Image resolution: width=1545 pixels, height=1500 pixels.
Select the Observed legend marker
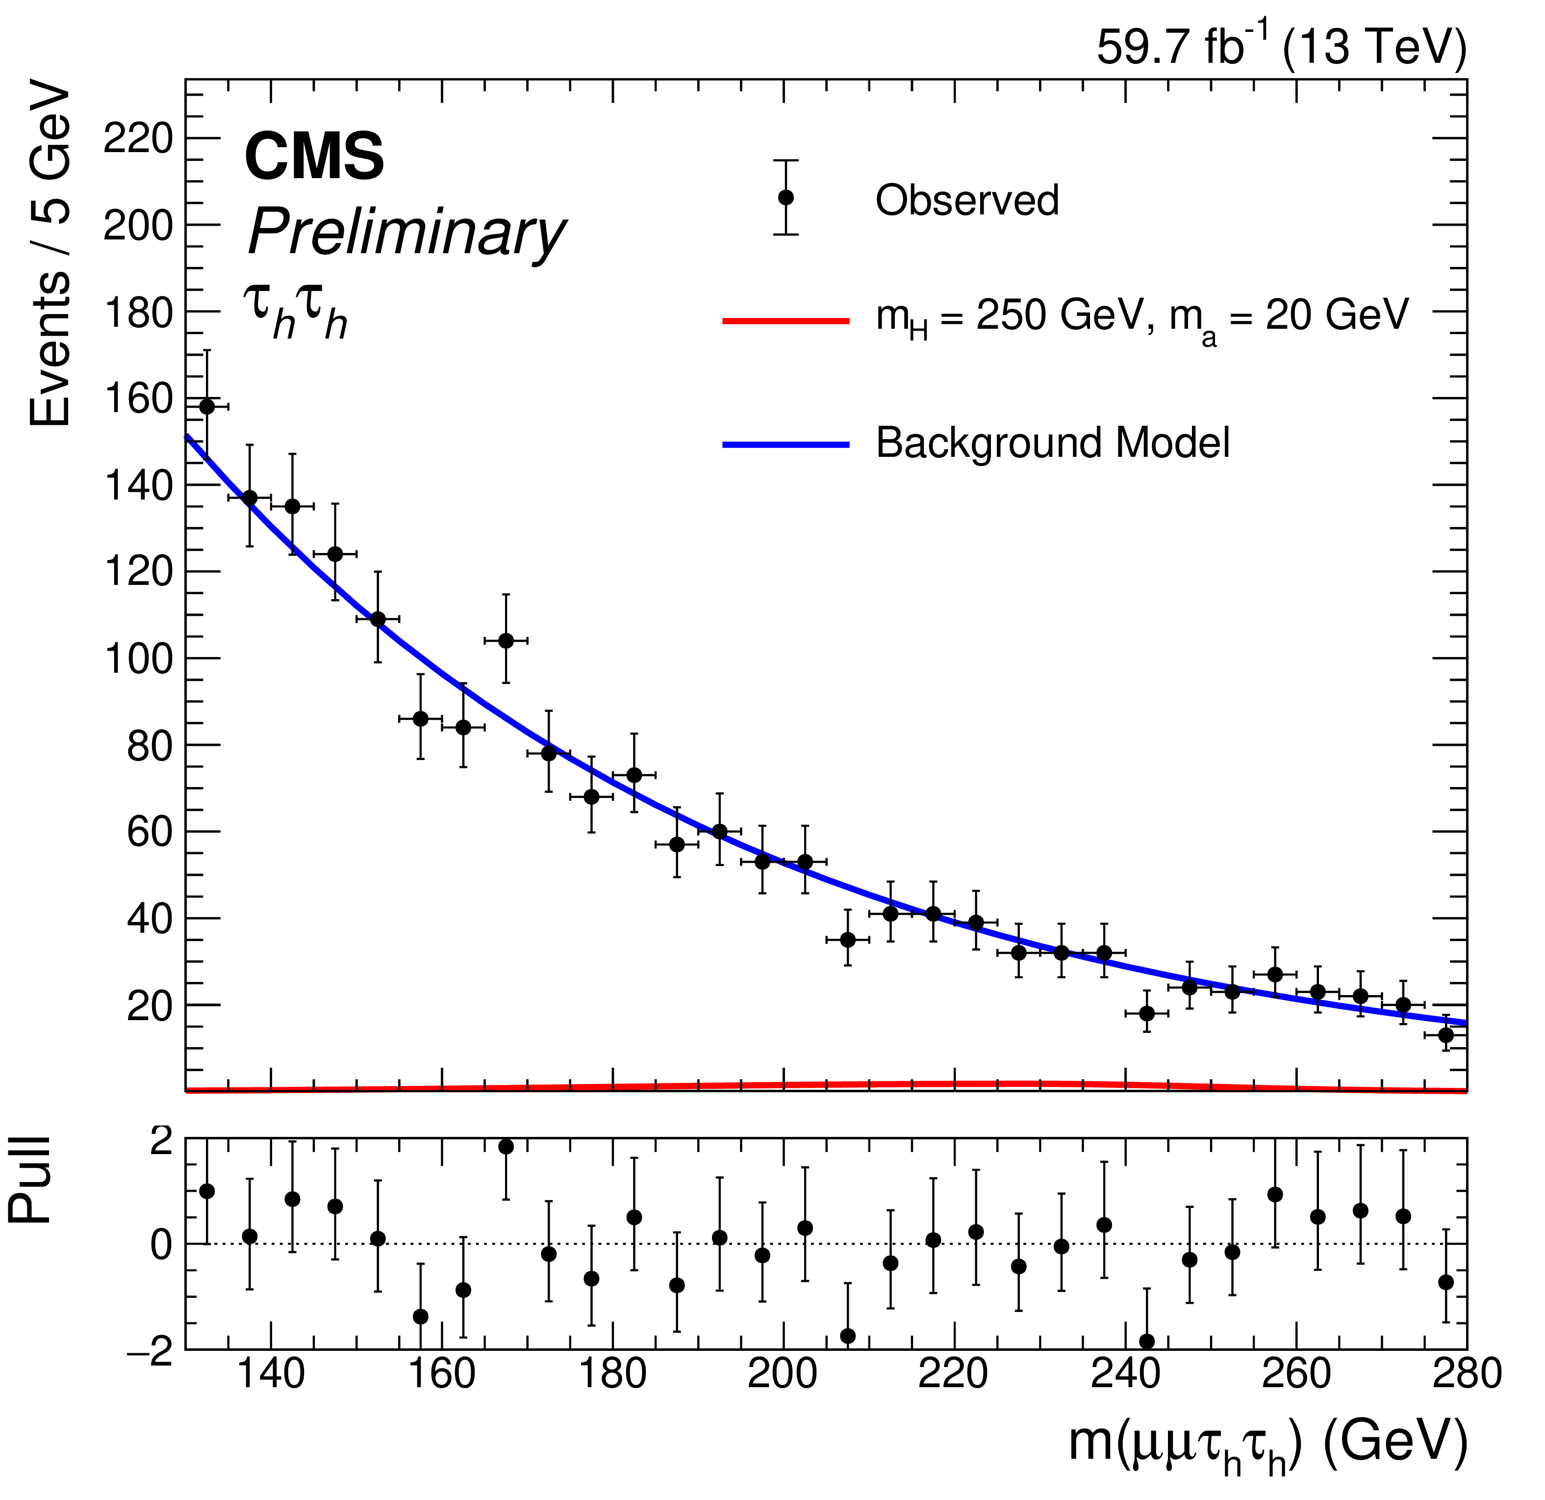tap(785, 197)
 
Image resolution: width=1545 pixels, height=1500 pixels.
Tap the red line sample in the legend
tap(785, 321)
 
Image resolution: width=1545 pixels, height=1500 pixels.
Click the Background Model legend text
tap(1052, 443)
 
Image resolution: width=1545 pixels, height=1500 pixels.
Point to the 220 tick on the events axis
tap(138, 139)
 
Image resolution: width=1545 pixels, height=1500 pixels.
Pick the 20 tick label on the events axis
tap(150, 1006)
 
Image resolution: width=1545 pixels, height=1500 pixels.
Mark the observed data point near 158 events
tap(206, 407)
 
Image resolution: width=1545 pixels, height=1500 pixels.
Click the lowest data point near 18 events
tap(1147, 1013)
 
